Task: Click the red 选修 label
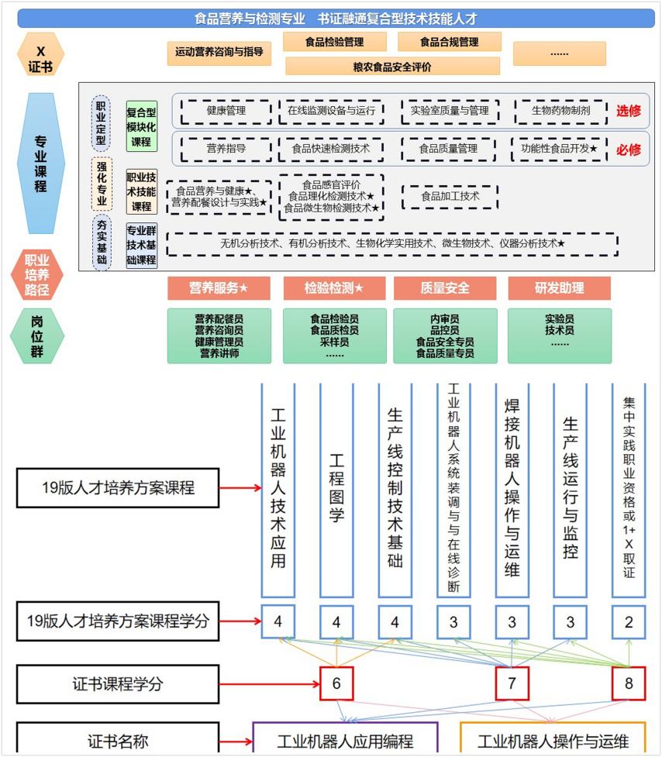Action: click(629, 111)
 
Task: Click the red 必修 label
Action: click(629, 150)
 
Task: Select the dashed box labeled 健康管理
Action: click(226, 111)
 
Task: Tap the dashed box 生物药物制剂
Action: click(560, 111)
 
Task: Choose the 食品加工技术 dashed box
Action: click(450, 197)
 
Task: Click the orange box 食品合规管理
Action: click(450, 42)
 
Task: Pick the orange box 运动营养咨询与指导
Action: click(219, 53)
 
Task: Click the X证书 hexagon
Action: click(41, 54)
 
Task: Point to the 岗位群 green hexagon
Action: click(36, 335)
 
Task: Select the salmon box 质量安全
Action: click(444, 288)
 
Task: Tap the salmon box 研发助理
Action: click(559, 288)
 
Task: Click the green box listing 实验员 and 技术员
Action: click(559, 335)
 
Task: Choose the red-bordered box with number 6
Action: click(336, 683)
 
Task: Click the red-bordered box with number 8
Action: click(628, 683)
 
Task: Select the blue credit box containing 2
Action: click(628, 621)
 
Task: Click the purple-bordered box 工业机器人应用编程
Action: click(345, 740)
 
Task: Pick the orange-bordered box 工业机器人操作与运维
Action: click(553, 740)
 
